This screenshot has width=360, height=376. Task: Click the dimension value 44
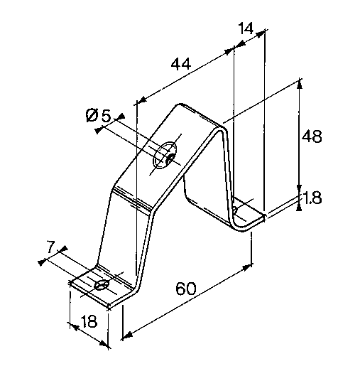pyautogui.click(x=181, y=64)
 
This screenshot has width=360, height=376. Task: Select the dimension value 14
pyautogui.click(x=246, y=28)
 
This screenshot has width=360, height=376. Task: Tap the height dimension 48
pyautogui.click(x=312, y=137)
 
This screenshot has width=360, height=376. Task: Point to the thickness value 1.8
pyautogui.click(x=312, y=198)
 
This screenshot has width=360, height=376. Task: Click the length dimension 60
pyautogui.click(x=186, y=289)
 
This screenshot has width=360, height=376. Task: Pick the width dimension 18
pyautogui.click(x=89, y=321)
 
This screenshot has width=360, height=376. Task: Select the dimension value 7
pyautogui.click(x=50, y=247)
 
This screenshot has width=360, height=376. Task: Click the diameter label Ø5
pyautogui.click(x=98, y=115)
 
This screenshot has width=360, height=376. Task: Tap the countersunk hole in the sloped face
pyautogui.click(x=165, y=155)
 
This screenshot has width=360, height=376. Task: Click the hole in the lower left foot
pyautogui.click(x=101, y=285)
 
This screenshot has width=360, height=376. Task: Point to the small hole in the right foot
pyautogui.click(x=235, y=210)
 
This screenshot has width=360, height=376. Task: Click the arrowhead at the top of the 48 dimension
pyautogui.click(x=300, y=83)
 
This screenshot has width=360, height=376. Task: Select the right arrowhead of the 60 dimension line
pyautogui.click(x=248, y=267)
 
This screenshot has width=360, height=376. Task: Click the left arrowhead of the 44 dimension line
pyautogui.click(x=142, y=100)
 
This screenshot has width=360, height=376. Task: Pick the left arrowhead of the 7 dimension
pyautogui.click(x=42, y=262)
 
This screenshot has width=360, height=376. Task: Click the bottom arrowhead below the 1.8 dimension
pyautogui.click(x=299, y=206)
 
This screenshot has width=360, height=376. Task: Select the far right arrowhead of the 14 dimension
pyautogui.click(x=261, y=34)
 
